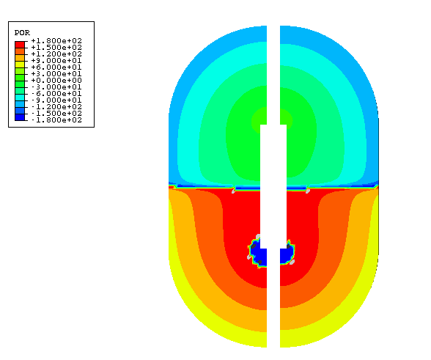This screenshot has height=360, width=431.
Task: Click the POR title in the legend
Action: click(x=22, y=33)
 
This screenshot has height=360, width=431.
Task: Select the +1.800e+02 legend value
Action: click(x=56, y=41)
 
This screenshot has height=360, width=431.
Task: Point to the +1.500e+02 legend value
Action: click(x=56, y=48)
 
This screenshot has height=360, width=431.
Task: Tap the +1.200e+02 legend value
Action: click(x=56, y=54)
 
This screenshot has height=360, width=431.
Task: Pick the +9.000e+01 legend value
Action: click(x=56, y=61)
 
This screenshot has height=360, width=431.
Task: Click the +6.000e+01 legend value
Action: click(x=56, y=67)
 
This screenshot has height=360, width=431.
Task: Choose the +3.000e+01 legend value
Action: click(x=56, y=74)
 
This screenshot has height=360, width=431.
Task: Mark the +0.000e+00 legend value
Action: click(x=56, y=81)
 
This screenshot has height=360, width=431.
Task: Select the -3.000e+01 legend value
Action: click(x=56, y=87)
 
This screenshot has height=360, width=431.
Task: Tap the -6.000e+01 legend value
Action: click(x=56, y=94)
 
